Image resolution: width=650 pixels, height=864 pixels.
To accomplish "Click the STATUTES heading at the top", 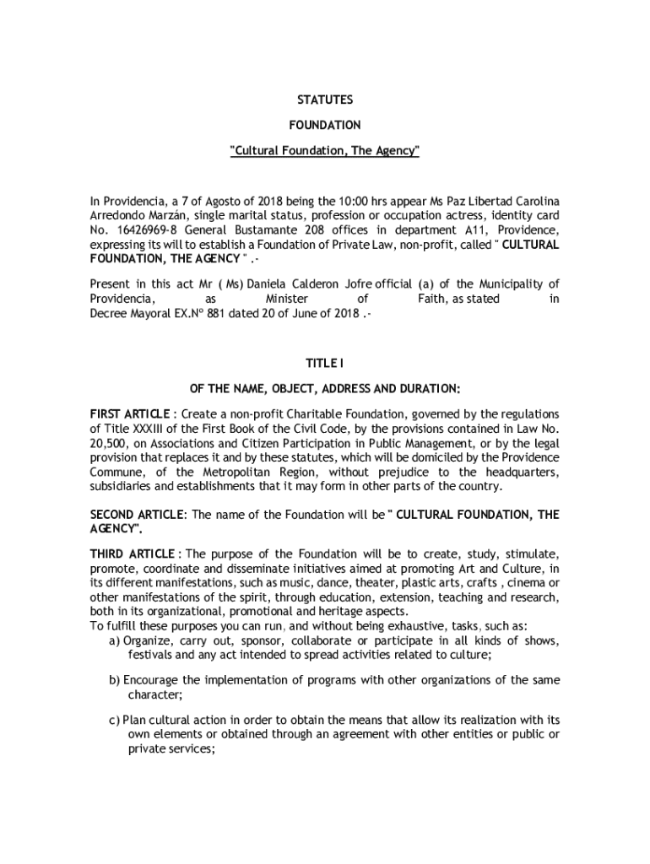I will (324, 100).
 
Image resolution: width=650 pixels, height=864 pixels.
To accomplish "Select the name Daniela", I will (267, 284).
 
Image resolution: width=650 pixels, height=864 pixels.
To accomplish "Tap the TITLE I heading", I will (324, 363).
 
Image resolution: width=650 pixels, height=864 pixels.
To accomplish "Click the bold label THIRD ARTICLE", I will (133, 553).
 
